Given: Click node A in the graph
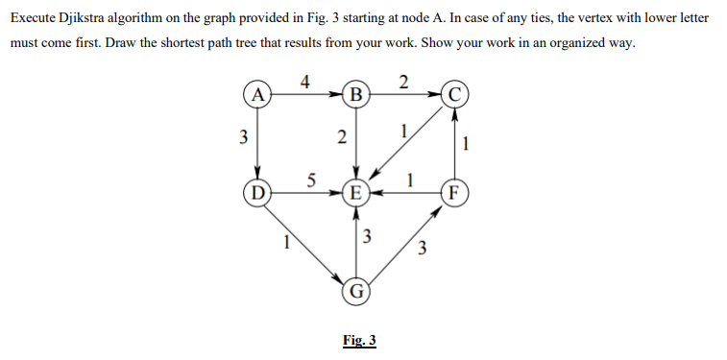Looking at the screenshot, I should tap(256, 95).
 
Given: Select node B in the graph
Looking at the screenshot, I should tap(357, 95).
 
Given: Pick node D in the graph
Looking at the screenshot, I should tap(256, 191).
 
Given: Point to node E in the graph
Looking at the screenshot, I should tap(357, 192).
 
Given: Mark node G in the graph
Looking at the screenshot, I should tap(357, 289).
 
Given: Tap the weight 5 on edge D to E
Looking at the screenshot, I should tap(310, 178).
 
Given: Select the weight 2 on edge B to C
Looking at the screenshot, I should tap(403, 81).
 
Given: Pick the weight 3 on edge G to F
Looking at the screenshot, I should tap(423, 252).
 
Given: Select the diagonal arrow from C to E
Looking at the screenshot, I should tap(408, 145).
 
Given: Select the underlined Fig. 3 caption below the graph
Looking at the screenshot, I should tap(359, 340).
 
